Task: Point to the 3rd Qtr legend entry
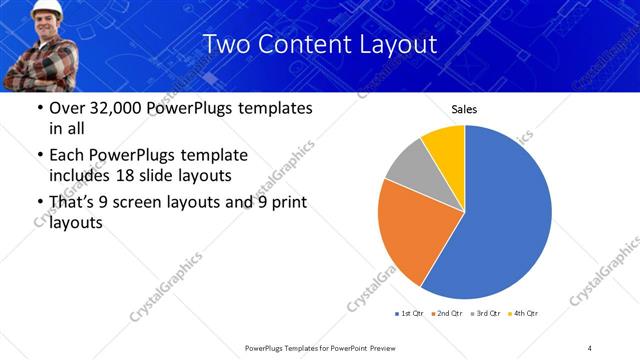[486, 314]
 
